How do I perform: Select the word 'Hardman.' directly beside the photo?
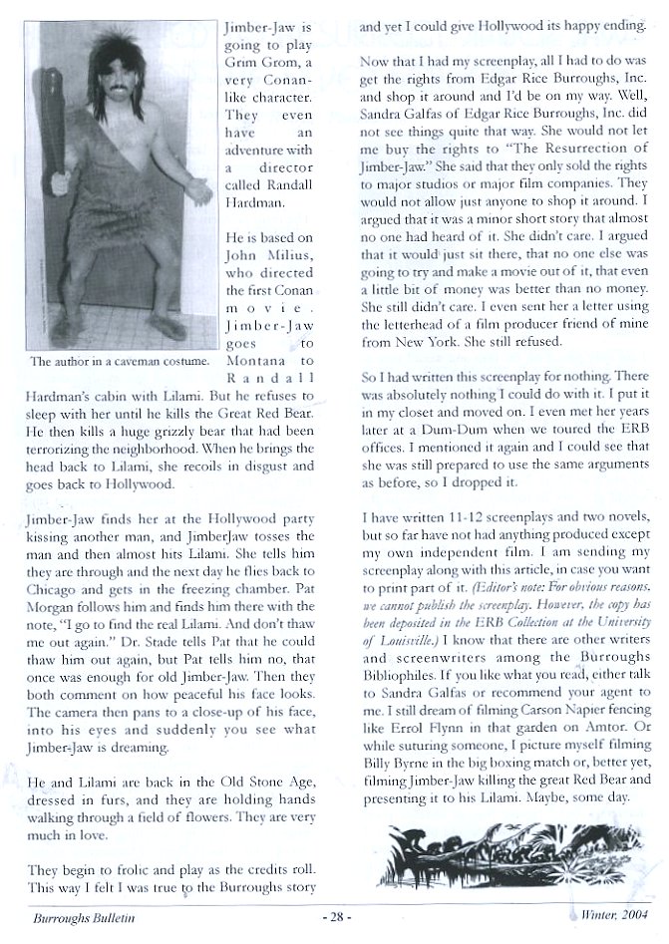(255, 229)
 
